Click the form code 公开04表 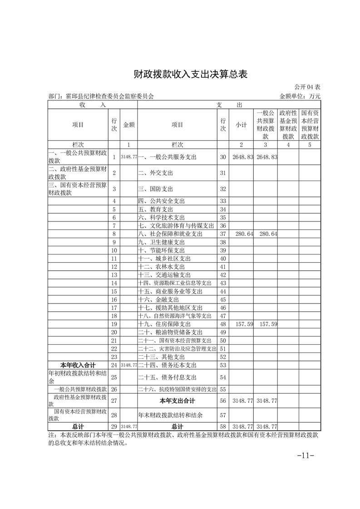(307, 87)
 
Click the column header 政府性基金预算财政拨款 (288, 124)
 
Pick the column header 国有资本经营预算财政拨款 (310, 124)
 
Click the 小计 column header (241, 125)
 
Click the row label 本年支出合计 (177, 401)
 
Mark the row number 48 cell (223, 325)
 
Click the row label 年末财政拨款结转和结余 (170, 415)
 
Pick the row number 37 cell (223, 234)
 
